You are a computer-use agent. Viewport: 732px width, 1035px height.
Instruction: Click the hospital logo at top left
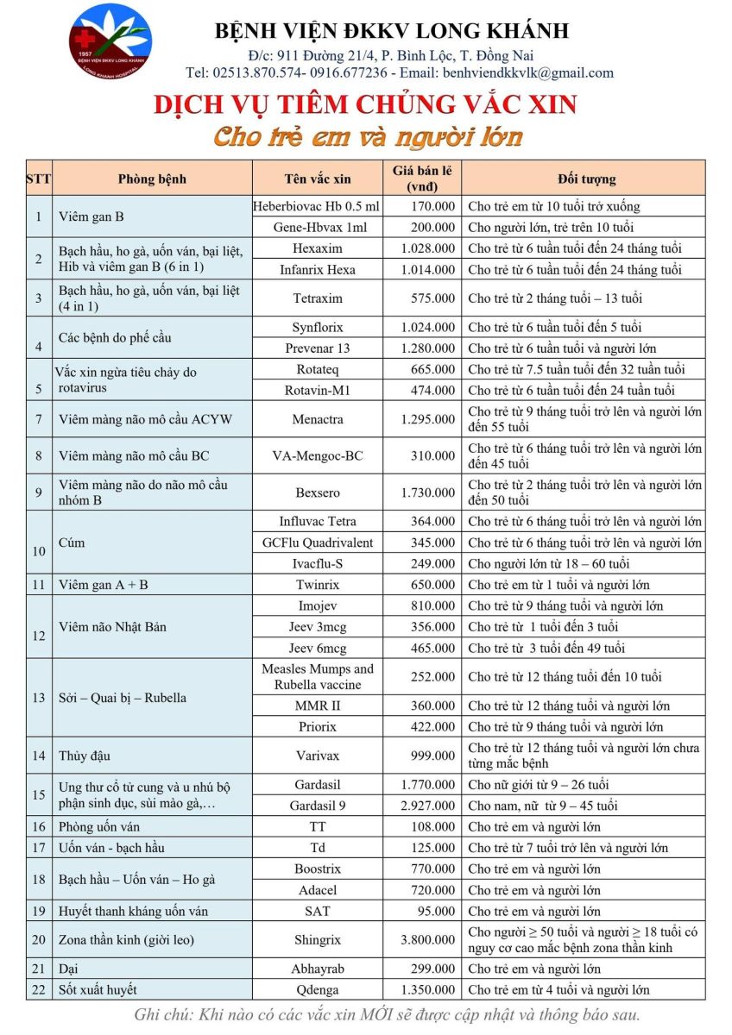point(110,41)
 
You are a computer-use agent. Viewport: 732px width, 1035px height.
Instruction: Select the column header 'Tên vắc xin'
point(318,179)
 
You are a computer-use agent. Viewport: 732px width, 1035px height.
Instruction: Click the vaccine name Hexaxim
point(318,248)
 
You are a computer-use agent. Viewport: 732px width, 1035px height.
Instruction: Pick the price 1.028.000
point(427,248)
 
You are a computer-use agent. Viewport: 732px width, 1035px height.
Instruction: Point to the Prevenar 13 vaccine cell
point(318,348)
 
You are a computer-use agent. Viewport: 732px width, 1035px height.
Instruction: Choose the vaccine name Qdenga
point(318,990)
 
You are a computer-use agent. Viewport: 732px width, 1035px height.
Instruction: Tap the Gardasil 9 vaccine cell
point(318,806)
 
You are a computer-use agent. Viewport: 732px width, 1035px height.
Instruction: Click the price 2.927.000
point(427,806)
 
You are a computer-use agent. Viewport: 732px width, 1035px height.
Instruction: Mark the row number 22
point(38,990)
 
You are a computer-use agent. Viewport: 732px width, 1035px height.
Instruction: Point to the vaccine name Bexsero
point(318,492)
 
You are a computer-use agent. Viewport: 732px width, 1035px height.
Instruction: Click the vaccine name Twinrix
point(318,585)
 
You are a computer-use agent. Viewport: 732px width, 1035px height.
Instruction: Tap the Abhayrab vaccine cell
point(318,969)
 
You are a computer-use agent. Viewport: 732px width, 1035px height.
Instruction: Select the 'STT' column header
point(38,179)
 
